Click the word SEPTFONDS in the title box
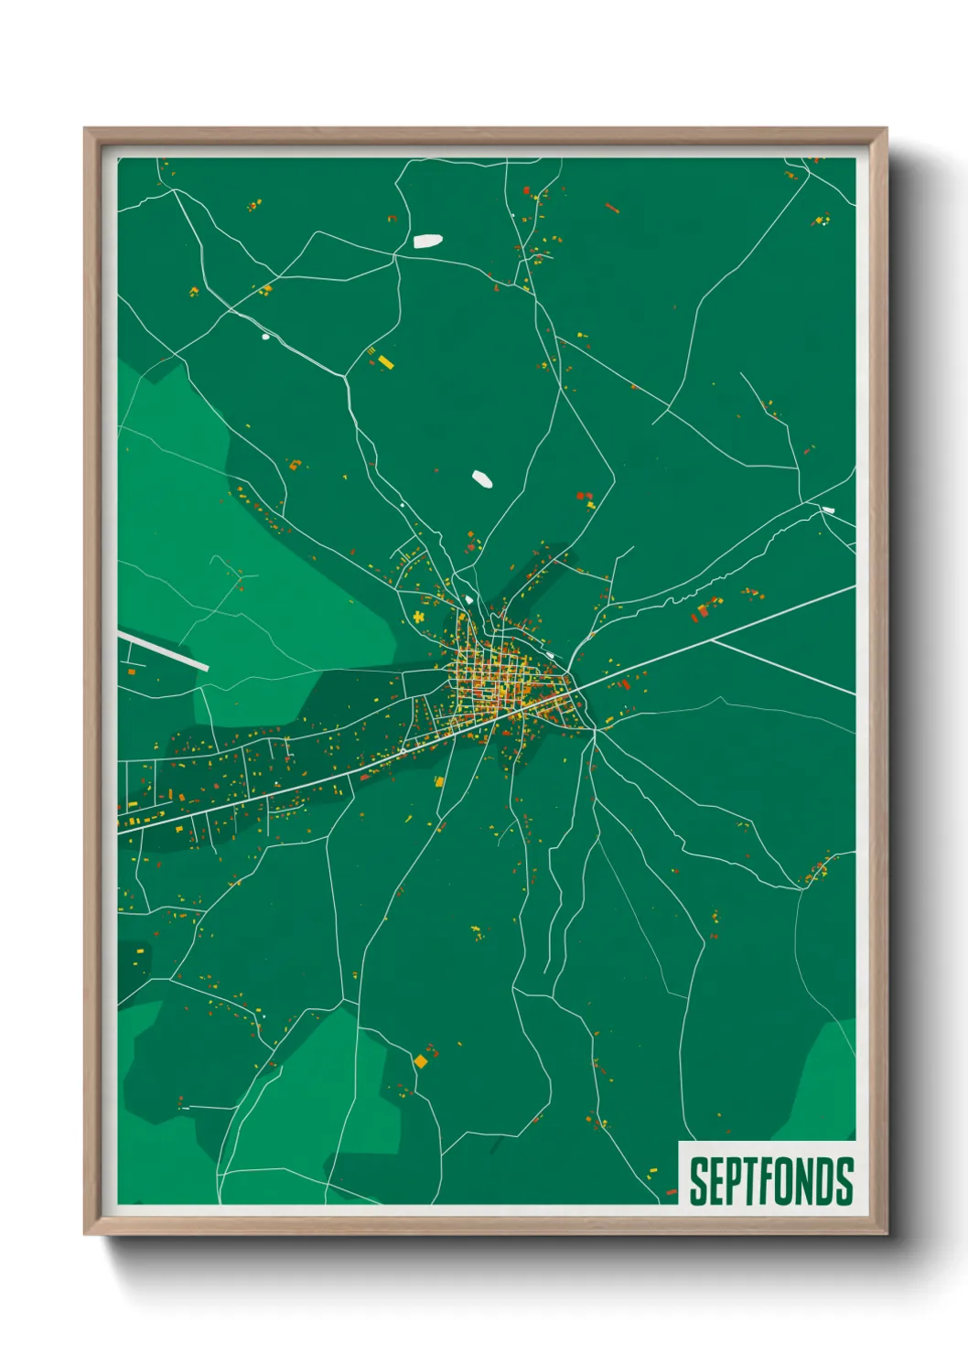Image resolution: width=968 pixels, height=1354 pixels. click(771, 1181)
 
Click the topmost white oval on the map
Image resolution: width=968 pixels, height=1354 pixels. click(427, 242)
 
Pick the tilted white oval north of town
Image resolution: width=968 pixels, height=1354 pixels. click(481, 478)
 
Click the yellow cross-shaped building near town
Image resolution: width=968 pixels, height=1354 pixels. click(419, 617)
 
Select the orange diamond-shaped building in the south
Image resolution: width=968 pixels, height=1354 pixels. click(421, 1061)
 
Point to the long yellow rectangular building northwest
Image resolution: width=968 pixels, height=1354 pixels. click(385, 362)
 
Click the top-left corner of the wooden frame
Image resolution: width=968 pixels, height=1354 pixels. click(85, 129)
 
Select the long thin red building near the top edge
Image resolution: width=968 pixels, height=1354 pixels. click(612, 209)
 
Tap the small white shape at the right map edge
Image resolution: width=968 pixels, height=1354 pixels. click(828, 510)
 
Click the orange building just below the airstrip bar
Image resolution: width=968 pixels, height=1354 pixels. click(131, 672)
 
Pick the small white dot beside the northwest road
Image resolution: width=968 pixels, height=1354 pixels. click(266, 337)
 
